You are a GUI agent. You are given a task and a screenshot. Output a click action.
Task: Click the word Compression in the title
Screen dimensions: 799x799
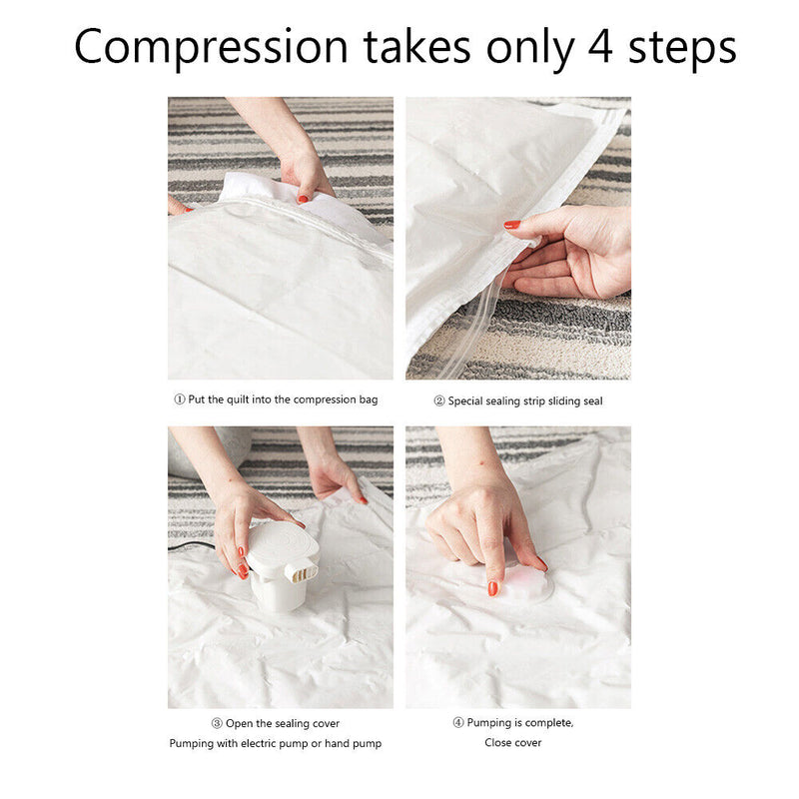click(211, 48)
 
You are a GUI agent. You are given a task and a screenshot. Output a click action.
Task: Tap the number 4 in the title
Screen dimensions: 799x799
click(600, 47)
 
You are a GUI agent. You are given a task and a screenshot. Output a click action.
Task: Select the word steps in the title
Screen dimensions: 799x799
click(682, 49)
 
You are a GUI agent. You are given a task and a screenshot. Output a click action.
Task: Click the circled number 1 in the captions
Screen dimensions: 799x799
click(180, 399)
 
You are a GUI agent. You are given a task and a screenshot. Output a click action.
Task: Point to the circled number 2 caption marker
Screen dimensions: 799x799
click(439, 401)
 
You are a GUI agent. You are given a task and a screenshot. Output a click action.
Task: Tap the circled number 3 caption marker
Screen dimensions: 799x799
click(217, 723)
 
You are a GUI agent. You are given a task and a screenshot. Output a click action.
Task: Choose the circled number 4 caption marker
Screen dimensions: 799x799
click(458, 722)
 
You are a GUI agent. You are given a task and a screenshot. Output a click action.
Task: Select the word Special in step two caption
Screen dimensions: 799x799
click(465, 401)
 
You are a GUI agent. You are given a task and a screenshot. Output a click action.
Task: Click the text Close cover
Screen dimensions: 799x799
click(513, 742)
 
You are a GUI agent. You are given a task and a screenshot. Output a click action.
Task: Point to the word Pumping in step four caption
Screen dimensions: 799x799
click(486, 723)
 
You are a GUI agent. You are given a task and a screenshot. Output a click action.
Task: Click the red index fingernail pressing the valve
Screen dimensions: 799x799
click(492, 588)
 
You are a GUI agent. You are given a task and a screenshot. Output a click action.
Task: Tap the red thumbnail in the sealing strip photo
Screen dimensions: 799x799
click(512, 224)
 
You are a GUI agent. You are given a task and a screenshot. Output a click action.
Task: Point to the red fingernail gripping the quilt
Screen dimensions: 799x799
click(303, 199)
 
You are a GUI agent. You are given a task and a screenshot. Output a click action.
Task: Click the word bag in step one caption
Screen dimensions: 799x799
click(369, 400)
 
